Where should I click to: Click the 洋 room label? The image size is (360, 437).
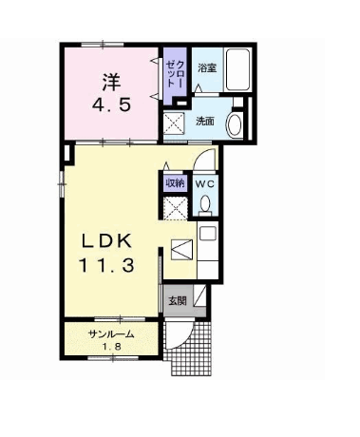coord(111,82)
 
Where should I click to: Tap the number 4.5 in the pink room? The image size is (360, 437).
coord(111,104)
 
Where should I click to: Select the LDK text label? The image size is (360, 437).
coord(106,242)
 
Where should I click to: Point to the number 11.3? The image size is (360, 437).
coord(106,266)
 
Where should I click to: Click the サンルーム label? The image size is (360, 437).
coord(111,334)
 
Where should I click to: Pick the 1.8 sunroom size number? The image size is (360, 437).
coord(111,347)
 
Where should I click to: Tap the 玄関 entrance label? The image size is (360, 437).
coord(177,301)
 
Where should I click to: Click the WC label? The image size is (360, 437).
coord(204,183)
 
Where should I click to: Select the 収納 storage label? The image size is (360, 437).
coord(175,183)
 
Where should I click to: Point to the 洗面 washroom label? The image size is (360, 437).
coord(205,121)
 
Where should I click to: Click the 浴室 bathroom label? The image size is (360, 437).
coord(207,68)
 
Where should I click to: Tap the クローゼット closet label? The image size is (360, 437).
coord(175,73)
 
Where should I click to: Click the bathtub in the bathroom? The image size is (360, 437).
coord(237,70)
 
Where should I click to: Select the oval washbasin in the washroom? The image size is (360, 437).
coord(235,125)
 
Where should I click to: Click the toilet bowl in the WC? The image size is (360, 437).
coord(205,203)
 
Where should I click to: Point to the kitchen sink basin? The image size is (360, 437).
coord(207,234)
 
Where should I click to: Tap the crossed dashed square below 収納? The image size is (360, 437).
coord(175,208)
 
